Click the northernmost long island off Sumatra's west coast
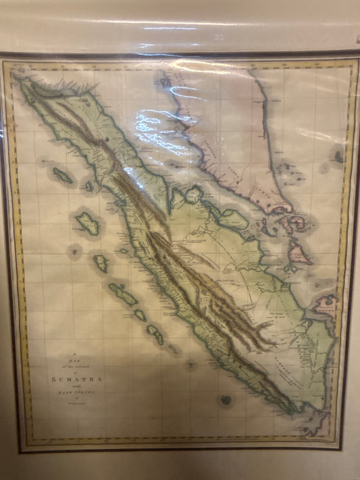[63, 176]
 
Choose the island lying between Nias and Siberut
[101, 263]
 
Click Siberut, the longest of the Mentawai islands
[124, 295]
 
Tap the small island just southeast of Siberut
[140, 315]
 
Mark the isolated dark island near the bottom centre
[226, 400]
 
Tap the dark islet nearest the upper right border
[337, 157]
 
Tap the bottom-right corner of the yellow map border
[353, 446]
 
